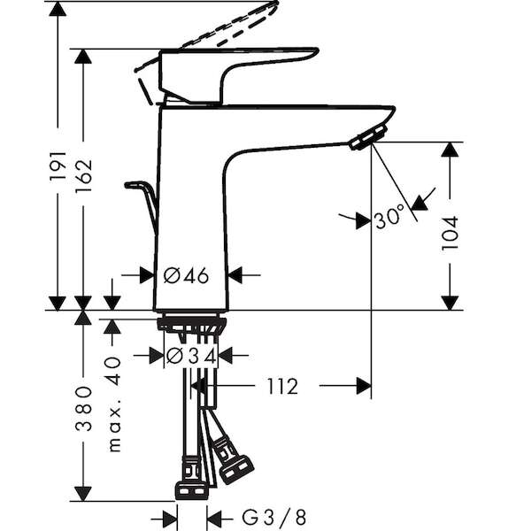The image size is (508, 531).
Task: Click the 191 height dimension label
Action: [58, 166]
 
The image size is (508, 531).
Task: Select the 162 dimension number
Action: [84, 175]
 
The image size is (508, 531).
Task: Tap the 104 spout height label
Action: [450, 234]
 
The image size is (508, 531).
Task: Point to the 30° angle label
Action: [390, 217]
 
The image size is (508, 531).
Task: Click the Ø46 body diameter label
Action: [186, 276]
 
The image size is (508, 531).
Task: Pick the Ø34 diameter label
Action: [191, 356]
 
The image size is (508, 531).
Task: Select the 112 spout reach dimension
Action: [283, 387]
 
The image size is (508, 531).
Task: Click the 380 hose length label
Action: [84, 408]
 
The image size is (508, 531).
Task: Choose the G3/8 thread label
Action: [274, 517]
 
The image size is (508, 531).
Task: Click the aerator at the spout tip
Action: [369, 136]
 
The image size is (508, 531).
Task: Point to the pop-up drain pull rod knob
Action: [135, 185]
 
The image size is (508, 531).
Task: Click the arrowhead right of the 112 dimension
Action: [364, 386]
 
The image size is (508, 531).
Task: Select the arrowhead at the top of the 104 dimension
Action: [450, 150]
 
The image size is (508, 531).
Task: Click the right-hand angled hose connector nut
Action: [236, 469]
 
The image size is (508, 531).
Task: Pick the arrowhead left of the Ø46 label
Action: [147, 275]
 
